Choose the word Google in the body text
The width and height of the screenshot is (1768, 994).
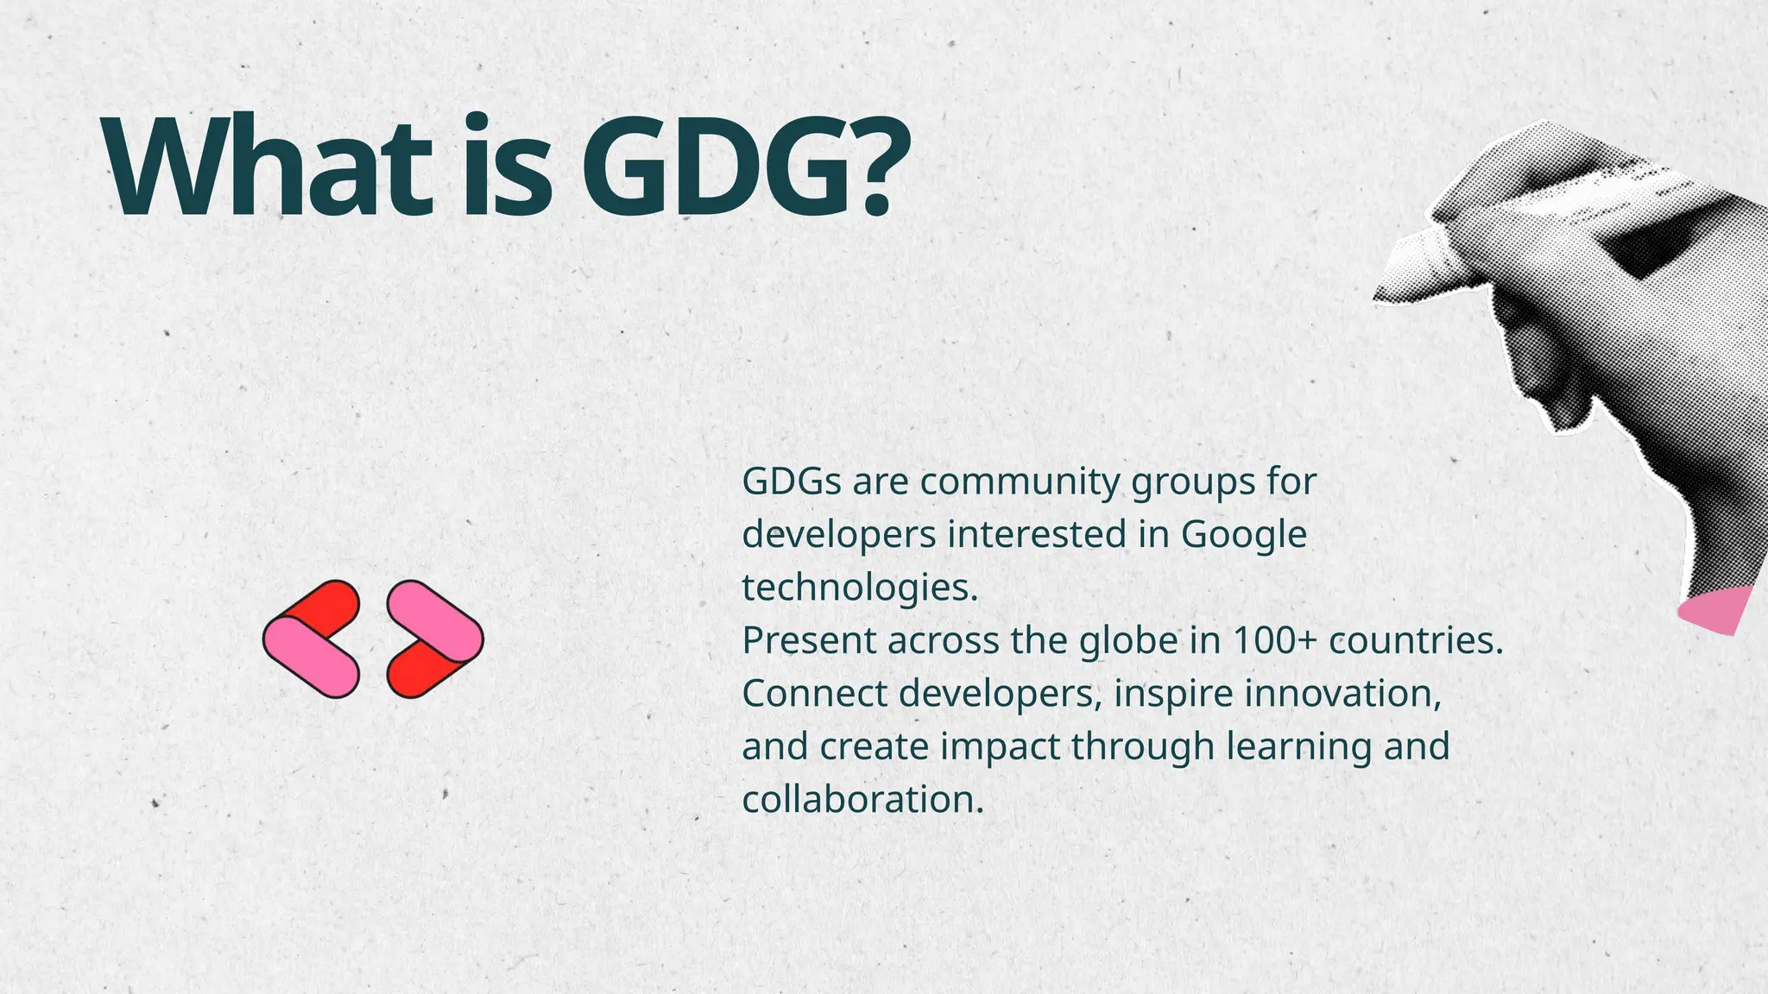1243,536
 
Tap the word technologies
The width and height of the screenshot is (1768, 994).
860,588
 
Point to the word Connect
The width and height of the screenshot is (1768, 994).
814,694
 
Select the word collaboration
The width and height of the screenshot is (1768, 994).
862,800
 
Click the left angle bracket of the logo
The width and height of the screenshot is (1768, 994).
312,639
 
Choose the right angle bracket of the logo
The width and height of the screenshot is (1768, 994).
434,639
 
